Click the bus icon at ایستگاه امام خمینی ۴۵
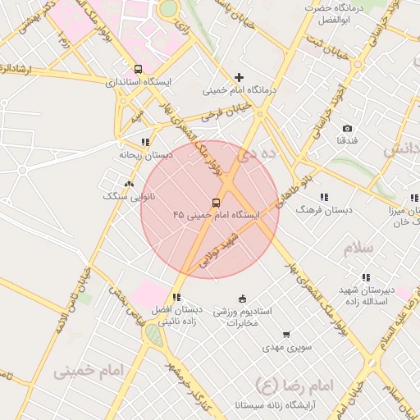(217, 202)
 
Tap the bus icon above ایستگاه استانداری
(138, 70)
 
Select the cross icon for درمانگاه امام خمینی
(240, 76)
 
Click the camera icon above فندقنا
(347, 129)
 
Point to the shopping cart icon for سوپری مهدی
(285, 335)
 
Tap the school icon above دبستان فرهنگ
(324, 197)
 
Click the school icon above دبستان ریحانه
(145, 142)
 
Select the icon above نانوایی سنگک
(128, 184)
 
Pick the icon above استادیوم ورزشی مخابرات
(241, 299)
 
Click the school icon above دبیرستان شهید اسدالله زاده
(365, 277)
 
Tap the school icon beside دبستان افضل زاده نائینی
(176, 297)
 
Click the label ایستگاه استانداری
(139, 82)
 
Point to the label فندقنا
(347, 141)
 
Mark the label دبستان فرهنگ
(325, 210)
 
